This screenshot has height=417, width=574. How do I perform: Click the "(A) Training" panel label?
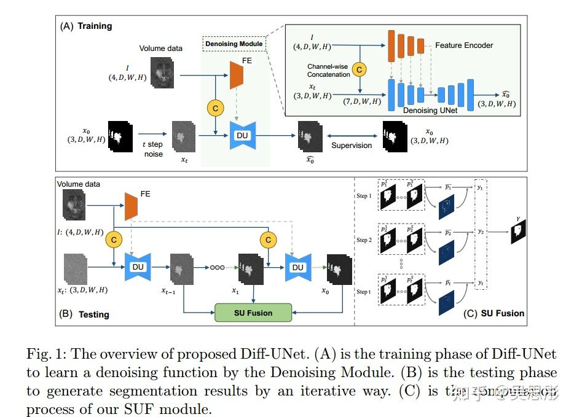pos(86,26)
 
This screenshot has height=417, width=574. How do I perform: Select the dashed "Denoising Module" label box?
pos(234,44)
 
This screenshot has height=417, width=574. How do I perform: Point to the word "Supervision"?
pos(352,146)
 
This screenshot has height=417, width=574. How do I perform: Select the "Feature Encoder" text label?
pos(464,45)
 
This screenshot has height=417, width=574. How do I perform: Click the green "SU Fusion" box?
pos(253,313)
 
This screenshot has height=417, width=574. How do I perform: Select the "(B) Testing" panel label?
pos(84,314)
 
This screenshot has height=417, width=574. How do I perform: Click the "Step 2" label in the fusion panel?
pos(364,240)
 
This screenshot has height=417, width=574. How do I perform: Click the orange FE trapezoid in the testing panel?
pos(130,206)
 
